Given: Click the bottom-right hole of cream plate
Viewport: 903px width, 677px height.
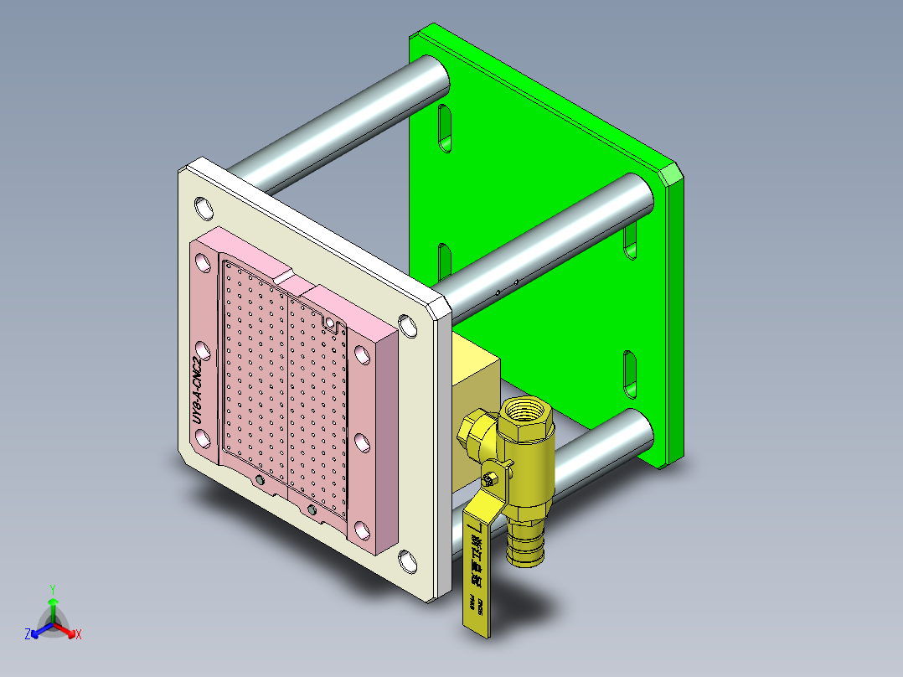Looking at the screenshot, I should click(x=408, y=561).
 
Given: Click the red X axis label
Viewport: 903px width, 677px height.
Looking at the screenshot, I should click(x=79, y=635).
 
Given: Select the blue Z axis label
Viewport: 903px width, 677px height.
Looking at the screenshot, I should click(x=28, y=635).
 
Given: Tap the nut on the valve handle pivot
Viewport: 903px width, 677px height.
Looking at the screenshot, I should click(x=490, y=479).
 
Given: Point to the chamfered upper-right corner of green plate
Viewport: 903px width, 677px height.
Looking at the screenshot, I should click(x=671, y=174).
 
